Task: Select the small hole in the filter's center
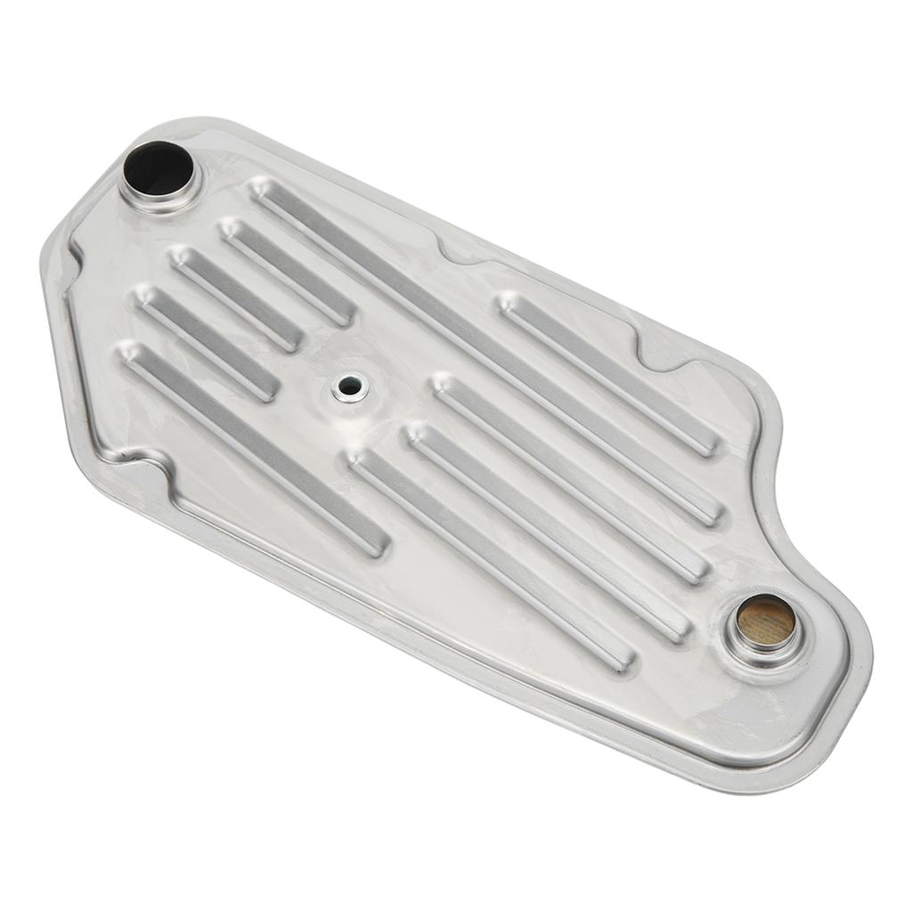point(350,387)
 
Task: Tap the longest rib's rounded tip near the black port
point(262,189)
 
